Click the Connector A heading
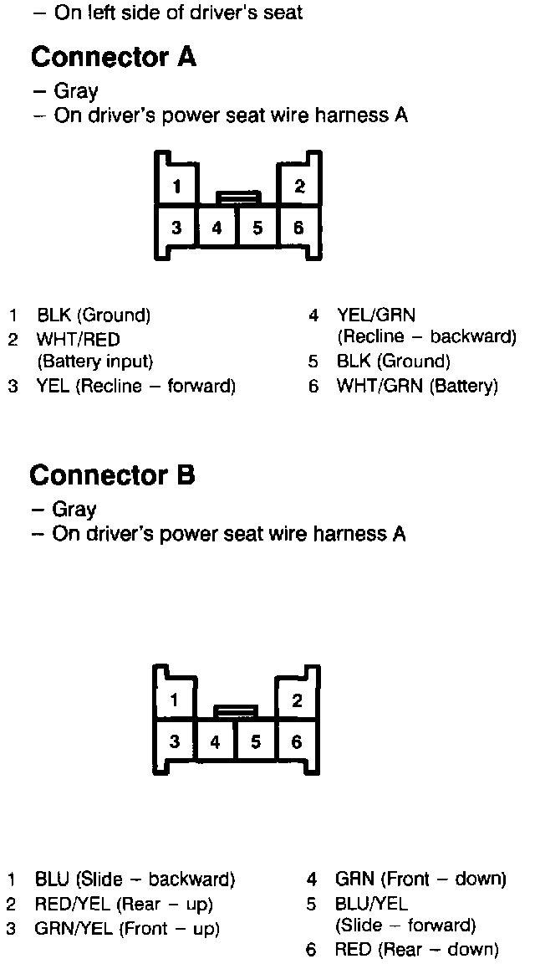click(113, 58)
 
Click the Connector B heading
click(112, 475)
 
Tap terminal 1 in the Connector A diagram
click(176, 186)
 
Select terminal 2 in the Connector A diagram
click(299, 186)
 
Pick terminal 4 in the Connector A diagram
click(217, 228)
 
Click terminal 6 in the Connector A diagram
click(298, 228)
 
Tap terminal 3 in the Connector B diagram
click(175, 741)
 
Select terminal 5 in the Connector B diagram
click(256, 741)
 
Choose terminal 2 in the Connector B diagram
click(298, 700)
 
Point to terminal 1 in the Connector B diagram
click(175, 700)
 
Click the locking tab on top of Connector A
click(238, 198)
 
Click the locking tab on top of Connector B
click(236, 712)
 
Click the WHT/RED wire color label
click(78, 339)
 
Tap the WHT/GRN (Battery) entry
click(416, 386)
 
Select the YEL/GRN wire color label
click(376, 315)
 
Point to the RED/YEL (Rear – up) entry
click(124, 904)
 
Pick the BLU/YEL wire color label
click(371, 904)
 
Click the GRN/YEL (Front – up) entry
click(127, 928)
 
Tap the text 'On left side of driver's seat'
click(178, 13)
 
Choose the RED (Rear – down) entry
click(416, 949)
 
